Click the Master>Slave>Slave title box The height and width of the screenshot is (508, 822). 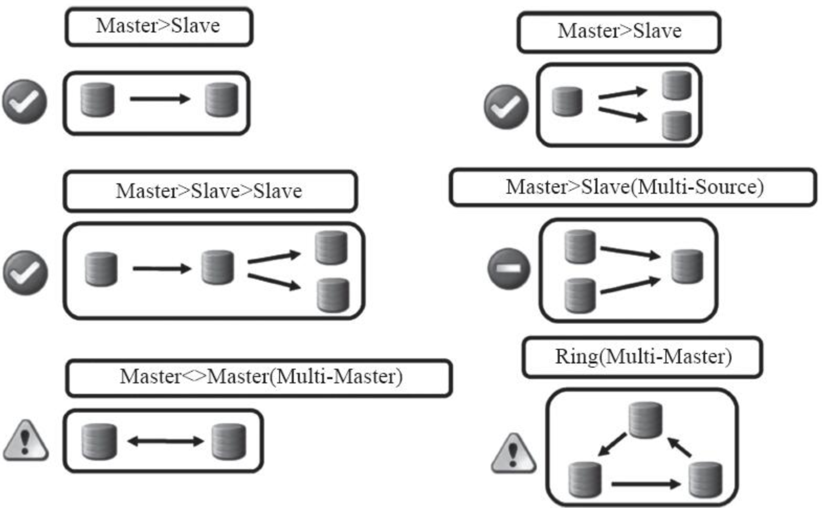(x=209, y=191)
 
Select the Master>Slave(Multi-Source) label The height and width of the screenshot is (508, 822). (x=634, y=187)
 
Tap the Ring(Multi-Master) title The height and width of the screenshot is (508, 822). (x=642, y=357)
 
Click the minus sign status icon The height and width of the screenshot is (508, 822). (x=508, y=269)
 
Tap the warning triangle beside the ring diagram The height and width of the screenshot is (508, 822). (x=514, y=454)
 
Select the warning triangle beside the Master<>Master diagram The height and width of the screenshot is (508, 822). (x=26, y=441)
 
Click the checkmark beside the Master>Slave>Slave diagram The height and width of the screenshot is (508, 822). (x=25, y=272)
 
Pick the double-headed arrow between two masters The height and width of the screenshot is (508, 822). (x=165, y=441)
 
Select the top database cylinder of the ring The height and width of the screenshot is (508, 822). (x=646, y=419)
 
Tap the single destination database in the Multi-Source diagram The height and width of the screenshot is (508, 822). (x=687, y=267)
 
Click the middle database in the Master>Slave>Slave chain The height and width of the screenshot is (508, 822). (x=218, y=268)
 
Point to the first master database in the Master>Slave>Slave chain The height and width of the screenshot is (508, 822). (x=101, y=269)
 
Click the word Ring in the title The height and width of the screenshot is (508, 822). (x=576, y=357)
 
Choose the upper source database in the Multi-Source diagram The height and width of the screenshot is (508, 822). (x=580, y=247)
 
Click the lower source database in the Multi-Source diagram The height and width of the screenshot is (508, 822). (x=580, y=295)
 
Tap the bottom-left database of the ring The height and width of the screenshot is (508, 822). (x=585, y=479)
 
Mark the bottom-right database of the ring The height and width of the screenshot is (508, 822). (x=705, y=479)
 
